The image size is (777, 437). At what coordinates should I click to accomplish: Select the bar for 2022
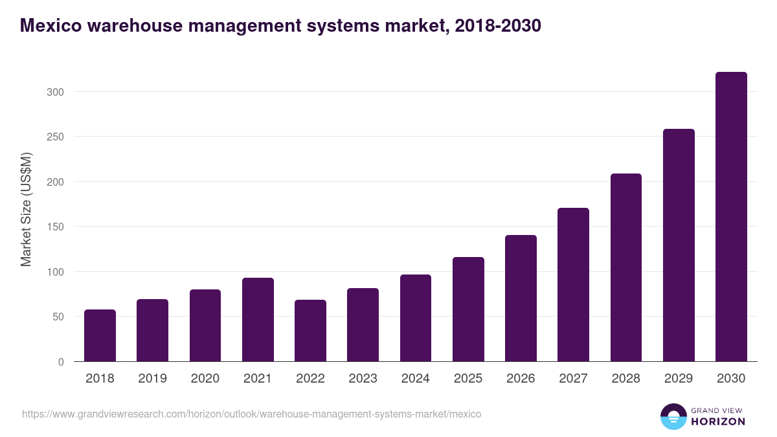click(310, 331)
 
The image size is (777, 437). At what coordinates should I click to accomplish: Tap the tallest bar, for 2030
click(731, 217)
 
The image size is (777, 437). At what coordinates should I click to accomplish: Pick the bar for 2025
click(468, 309)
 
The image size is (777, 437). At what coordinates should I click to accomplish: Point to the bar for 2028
click(626, 267)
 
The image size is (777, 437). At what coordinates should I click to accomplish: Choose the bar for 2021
click(258, 320)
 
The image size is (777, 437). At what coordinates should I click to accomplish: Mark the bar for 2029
click(679, 245)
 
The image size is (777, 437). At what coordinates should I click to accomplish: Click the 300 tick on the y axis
click(56, 92)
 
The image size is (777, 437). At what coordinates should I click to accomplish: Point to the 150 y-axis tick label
click(56, 227)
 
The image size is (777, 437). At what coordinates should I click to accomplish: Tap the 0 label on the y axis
click(61, 362)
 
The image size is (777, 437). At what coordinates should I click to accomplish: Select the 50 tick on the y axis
click(58, 317)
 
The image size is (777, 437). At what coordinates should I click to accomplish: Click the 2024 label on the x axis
click(415, 379)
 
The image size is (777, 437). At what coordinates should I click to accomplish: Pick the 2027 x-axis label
click(573, 379)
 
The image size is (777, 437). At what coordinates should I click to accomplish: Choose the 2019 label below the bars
click(152, 379)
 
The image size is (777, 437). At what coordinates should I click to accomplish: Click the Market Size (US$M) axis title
click(26, 209)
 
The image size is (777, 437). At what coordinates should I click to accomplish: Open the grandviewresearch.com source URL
click(251, 414)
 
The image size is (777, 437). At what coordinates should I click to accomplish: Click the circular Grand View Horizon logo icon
click(673, 416)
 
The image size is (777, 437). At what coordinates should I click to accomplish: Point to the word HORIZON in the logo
click(718, 421)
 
